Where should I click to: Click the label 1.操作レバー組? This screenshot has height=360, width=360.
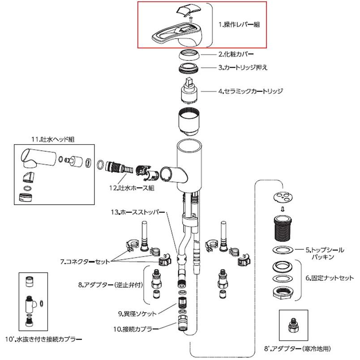coord(239,25)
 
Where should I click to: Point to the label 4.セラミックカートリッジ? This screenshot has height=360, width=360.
coord(250,91)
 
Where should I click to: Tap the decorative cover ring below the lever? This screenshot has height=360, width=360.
coord(190,56)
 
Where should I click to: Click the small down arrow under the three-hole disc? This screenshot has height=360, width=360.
coord(281,208)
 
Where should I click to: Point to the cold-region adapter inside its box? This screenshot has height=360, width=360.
coord(294,324)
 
